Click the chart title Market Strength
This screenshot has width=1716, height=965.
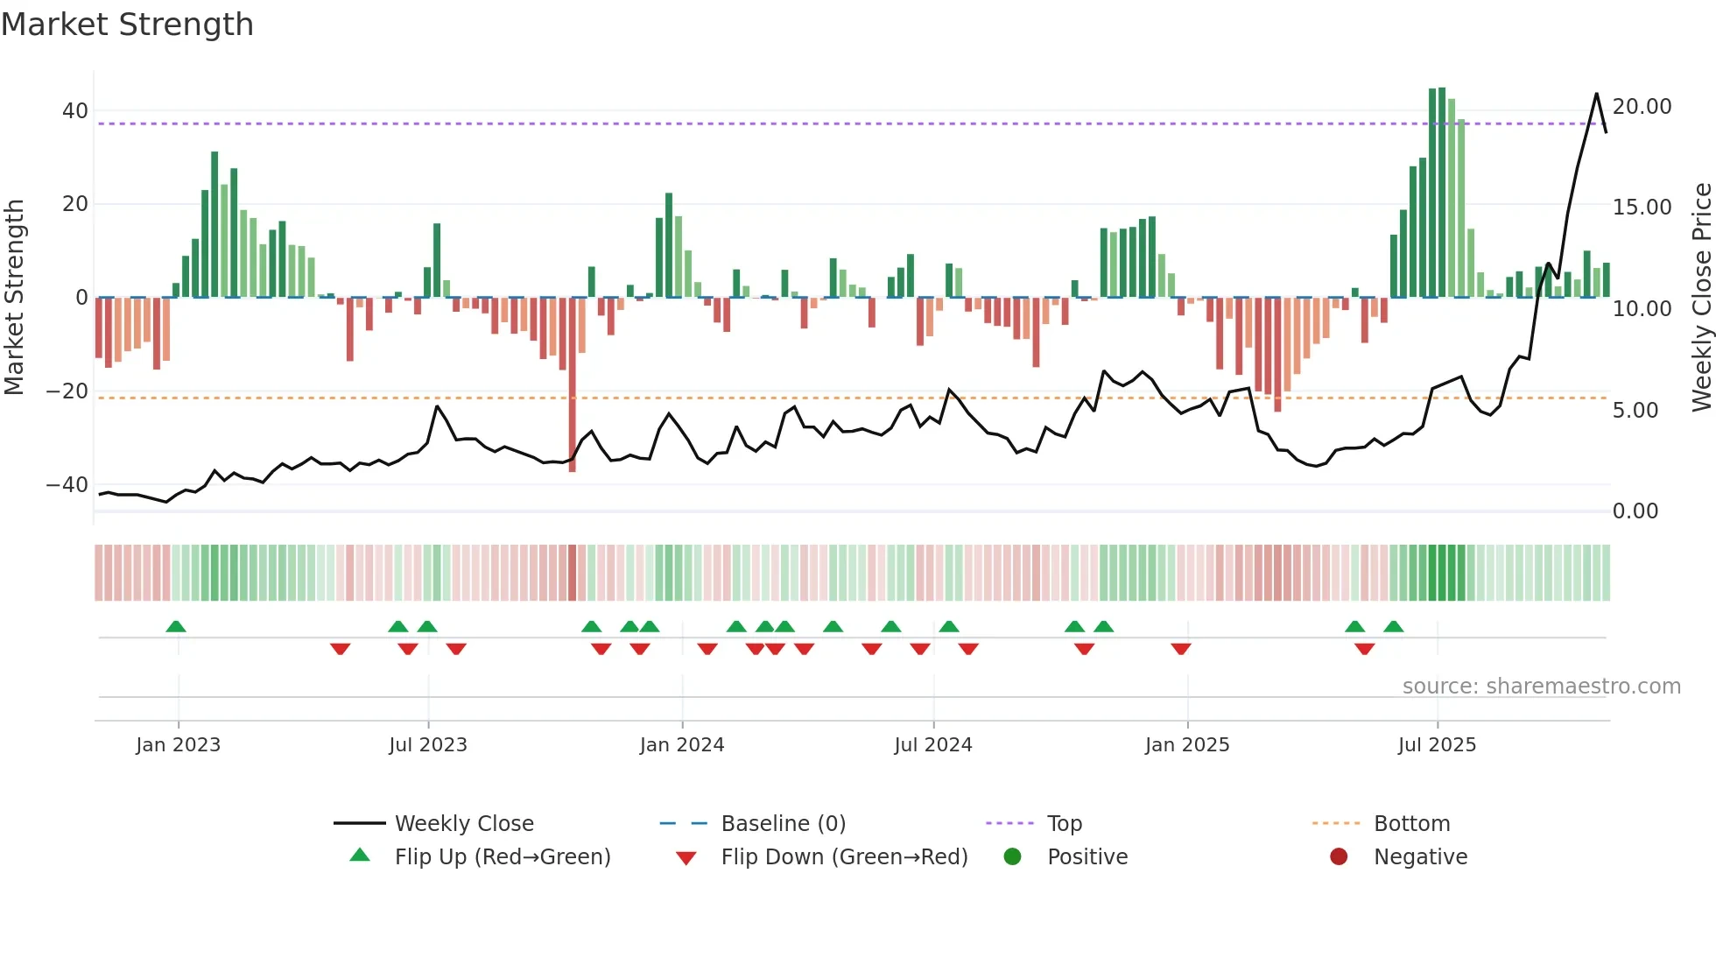click(x=127, y=25)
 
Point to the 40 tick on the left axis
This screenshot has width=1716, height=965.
click(x=74, y=111)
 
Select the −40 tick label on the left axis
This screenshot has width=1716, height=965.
click(x=67, y=484)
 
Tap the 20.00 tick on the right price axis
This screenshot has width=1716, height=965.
click(x=1642, y=107)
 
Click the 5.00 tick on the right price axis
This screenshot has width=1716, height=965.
click(x=1635, y=411)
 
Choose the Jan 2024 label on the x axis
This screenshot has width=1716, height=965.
click(x=682, y=745)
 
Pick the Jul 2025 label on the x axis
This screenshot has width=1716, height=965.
click(x=1437, y=745)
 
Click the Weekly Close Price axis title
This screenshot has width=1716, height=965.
click(x=1701, y=298)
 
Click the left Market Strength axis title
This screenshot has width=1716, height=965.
click(x=14, y=298)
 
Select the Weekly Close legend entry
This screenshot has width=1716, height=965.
click(x=463, y=824)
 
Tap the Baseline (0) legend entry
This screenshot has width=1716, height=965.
click(x=783, y=824)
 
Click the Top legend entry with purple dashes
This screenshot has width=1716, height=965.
click(x=1064, y=824)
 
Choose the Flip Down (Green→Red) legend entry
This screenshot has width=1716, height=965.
click(x=843, y=857)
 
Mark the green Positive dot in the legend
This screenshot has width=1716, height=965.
click(x=1013, y=857)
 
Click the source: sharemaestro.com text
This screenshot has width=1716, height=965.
click(x=1541, y=687)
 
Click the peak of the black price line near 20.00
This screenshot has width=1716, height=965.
click(x=1596, y=95)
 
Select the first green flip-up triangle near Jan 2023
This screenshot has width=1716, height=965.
click(x=176, y=627)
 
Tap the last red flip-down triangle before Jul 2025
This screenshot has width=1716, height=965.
click(x=1364, y=649)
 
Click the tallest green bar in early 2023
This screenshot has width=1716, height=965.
click(x=214, y=223)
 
